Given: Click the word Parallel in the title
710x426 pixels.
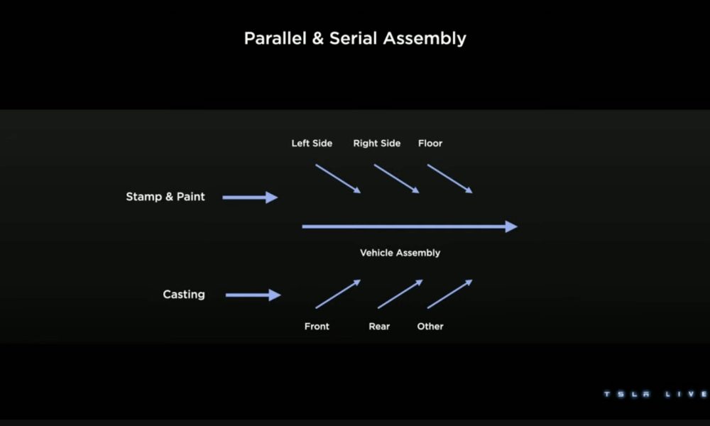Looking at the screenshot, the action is click(x=275, y=38).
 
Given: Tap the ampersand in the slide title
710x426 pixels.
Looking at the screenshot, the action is click(x=318, y=38).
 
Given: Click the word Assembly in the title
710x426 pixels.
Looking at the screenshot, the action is click(x=425, y=39).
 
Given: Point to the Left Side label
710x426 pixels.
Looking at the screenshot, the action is click(x=312, y=143).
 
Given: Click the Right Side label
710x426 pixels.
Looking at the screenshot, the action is click(x=377, y=143).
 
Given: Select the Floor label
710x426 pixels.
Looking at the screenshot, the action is click(x=430, y=143).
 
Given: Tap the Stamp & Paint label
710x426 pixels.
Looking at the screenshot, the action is click(x=165, y=197).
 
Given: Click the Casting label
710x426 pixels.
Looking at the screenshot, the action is click(x=184, y=294).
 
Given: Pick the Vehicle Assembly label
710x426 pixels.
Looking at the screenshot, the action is click(x=400, y=253).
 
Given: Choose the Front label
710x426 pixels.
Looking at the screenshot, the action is click(x=317, y=326).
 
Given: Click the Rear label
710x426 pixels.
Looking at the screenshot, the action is click(x=379, y=326).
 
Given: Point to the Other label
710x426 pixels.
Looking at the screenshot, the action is click(x=430, y=326).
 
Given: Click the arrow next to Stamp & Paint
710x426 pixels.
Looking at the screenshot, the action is click(x=250, y=197).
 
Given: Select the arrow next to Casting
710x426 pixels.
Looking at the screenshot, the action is click(x=253, y=295).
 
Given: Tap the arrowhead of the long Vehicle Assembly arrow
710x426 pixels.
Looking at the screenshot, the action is click(x=511, y=226).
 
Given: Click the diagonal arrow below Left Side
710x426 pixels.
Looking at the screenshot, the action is click(x=338, y=179).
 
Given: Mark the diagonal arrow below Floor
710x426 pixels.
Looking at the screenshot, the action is click(x=449, y=179).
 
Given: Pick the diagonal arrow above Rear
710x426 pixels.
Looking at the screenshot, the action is click(x=400, y=294).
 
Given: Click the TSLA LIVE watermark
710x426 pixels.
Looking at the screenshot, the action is click(x=656, y=394).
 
